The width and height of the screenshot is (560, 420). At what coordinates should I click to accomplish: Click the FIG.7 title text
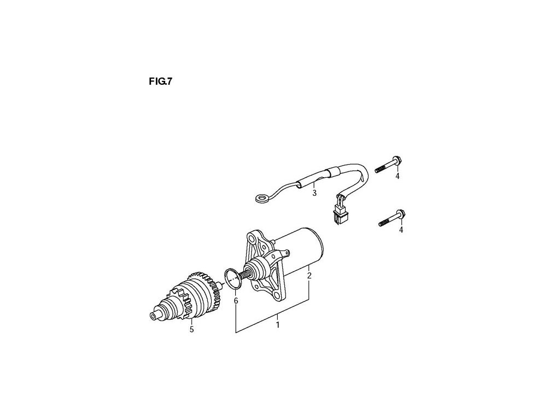tap(161, 83)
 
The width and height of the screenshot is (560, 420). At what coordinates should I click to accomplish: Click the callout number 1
tap(278, 324)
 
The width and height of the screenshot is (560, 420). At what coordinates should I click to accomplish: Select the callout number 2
tap(309, 275)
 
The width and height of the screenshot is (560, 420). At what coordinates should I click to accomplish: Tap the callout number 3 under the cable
tap(314, 193)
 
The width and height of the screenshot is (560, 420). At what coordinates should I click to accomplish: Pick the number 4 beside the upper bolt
tap(398, 176)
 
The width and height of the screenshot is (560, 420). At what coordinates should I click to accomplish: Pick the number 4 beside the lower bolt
tap(401, 230)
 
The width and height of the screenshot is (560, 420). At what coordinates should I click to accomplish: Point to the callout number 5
tap(191, 329)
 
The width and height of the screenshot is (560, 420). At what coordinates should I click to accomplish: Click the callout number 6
tap(236, 301)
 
